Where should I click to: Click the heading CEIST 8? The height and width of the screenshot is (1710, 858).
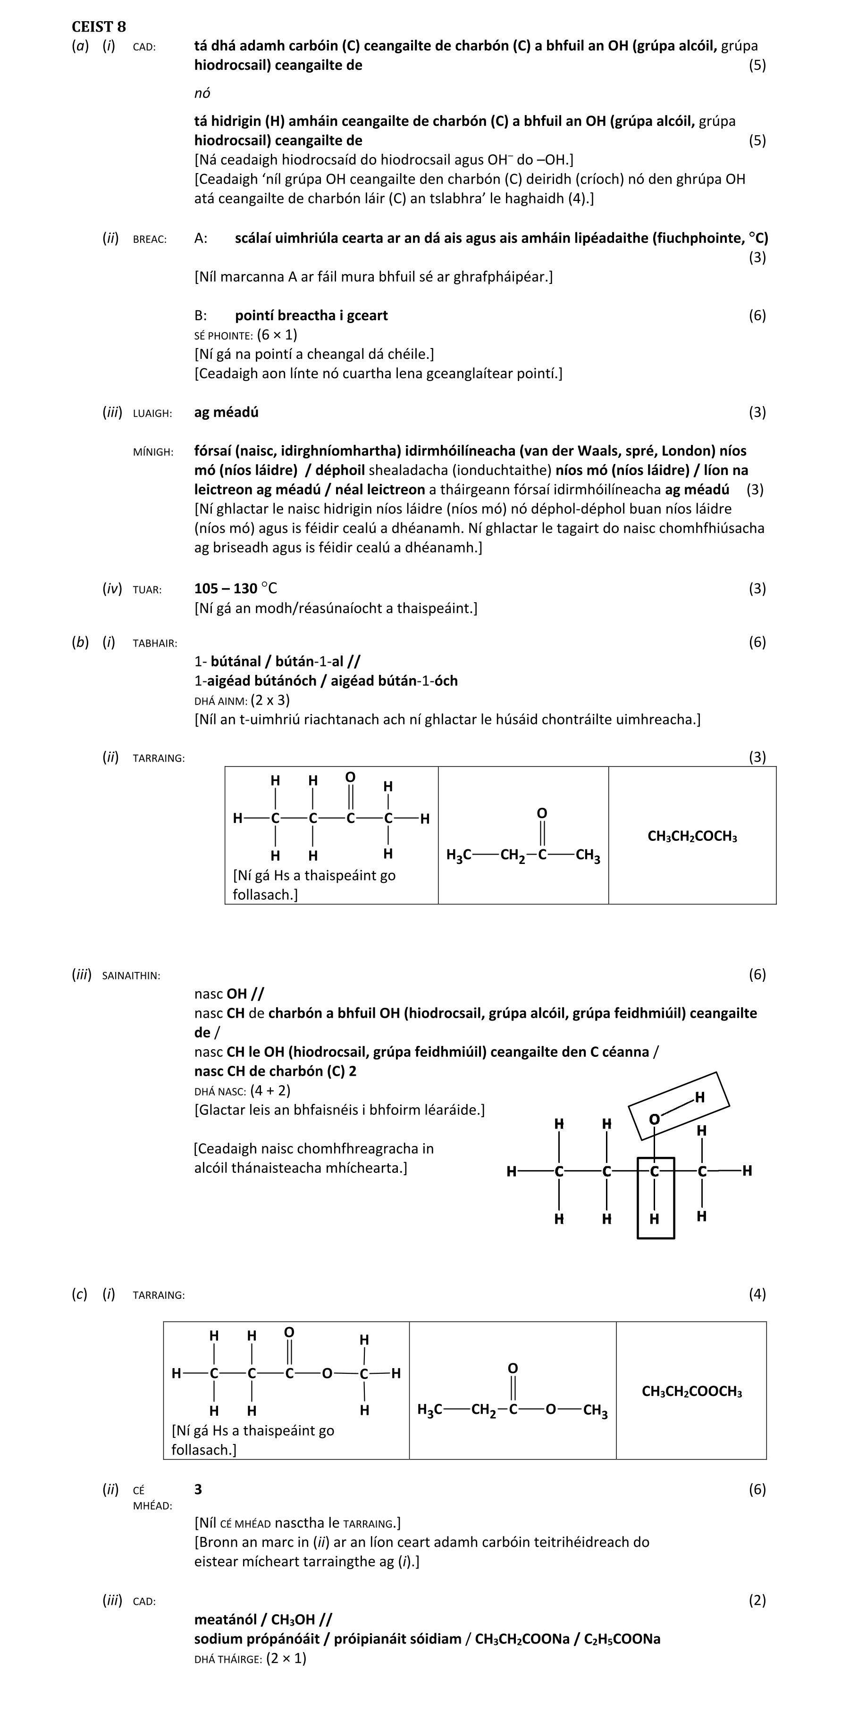[98, 26]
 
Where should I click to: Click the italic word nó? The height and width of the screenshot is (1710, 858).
[202, 93]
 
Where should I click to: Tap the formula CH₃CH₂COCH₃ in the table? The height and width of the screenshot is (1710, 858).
[692, 837]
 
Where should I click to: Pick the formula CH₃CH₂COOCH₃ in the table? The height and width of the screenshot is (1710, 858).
[691, 1391]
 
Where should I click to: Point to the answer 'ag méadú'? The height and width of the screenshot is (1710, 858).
[226, 412]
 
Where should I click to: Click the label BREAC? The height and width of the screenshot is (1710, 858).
[150, 239]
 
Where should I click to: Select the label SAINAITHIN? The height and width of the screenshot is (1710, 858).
[131, 975]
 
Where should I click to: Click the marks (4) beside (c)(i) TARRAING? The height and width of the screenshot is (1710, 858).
[757, 1293]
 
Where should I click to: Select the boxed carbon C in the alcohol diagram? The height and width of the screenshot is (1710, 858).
[655, 1171]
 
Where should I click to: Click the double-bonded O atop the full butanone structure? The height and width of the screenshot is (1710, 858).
[350, 777]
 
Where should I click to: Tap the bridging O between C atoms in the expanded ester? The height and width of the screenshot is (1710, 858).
[327, 1373]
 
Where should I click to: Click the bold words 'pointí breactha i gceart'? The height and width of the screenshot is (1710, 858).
[311, 315]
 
